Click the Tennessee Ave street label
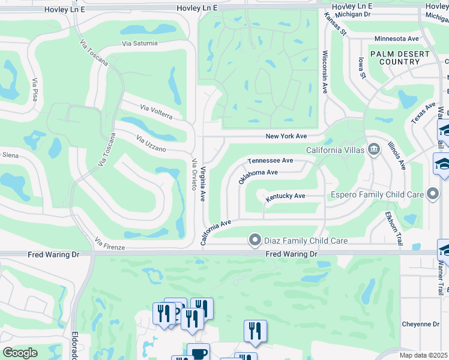[x=271, y=160]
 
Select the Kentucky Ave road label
[x=286, y=196]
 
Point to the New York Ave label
[x=286, y=137]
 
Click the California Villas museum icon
[x=374, y=149]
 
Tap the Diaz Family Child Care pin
[x=255, y=240]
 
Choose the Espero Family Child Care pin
[x=432, y=194]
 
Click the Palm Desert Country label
[x=399, y=58]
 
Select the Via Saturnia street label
[x=140, y=43]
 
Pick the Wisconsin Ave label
[x=325, y=71]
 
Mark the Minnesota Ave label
[x=396, y=38]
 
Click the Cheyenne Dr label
[x=420, y=324]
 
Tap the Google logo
[x=20, y=353]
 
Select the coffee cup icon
[x=198, y=352]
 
